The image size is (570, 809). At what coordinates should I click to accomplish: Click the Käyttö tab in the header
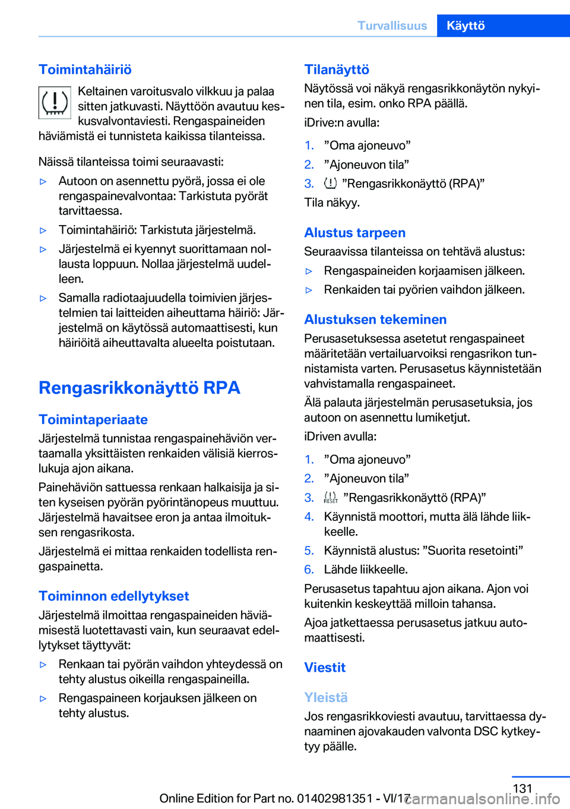(x=466, y=26)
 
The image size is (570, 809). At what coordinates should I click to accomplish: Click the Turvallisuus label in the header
(x=392, y=26)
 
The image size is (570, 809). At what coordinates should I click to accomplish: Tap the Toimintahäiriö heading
(x=85, y=69)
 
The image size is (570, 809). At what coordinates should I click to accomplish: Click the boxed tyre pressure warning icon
(x=55, y=103)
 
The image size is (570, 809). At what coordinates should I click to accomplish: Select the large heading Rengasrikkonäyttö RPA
(x=140, y=388)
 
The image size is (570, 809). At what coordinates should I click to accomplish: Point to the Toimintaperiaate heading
(x=93, y=419)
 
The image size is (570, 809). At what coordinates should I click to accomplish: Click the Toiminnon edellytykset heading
(x=114, y=596)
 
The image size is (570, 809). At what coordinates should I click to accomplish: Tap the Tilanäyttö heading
(x=337, y=69)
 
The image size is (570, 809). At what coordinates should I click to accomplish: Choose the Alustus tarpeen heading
(x=355, y=233)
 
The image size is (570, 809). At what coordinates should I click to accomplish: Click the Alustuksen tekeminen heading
(x=375, y=320)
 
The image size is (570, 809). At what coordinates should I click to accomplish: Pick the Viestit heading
(x=325, y=668)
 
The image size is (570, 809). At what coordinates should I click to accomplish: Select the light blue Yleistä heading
(x=326, y=697)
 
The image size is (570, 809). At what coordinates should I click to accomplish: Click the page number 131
(x=522, y=788)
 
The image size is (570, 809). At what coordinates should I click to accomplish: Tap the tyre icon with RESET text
(x=331, y=498)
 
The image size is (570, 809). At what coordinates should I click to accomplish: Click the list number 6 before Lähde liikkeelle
(x=309, y=570)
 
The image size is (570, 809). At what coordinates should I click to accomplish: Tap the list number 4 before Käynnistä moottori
(x=309, y=517)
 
